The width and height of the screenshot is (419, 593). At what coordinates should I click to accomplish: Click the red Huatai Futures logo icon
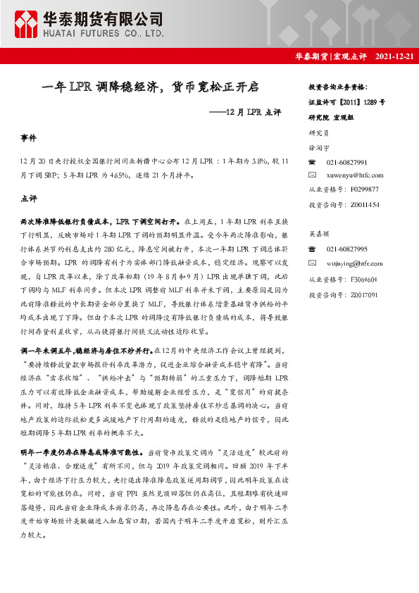[x=27, y=25]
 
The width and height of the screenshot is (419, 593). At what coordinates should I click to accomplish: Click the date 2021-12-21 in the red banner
[x=394, y=56]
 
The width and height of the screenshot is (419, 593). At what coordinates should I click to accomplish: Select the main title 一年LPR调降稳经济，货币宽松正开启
[x=151, y=87]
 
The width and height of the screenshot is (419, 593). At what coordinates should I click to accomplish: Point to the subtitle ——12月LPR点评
[x=246, y=112]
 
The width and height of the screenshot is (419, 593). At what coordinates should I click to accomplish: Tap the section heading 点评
[x=29, y=199]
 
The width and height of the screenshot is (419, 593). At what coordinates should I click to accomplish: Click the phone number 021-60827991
[x=347, y=162]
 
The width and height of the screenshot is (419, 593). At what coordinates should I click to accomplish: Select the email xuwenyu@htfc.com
[x=355, y=175]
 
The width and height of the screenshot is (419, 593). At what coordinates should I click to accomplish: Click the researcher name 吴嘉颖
[x=320, y=232]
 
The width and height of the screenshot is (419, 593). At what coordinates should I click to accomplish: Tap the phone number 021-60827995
[x=347, y=249]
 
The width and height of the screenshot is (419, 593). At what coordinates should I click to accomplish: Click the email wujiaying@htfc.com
[x=355, y=263]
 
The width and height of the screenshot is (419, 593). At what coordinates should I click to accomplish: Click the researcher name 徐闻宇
[x=320, y=147]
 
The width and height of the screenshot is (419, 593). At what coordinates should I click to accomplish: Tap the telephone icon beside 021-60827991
[x=313, y=162]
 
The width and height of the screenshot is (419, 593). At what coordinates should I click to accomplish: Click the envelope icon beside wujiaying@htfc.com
[x=313, y=263]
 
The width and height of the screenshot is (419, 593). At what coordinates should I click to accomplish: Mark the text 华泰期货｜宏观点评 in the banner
[x=331, y=56]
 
